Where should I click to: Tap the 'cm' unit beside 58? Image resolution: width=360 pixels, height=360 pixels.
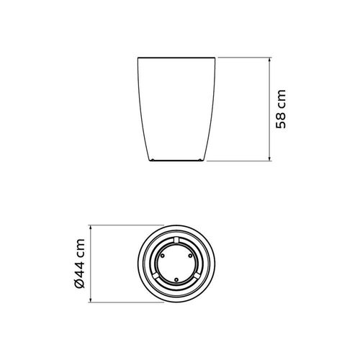tap(282, 98)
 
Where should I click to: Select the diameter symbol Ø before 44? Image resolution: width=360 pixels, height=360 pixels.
tap(80, 284)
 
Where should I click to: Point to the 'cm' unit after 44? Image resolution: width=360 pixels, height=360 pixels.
tap(80, 247)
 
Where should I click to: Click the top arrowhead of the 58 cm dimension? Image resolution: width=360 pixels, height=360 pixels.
tap(269, 60)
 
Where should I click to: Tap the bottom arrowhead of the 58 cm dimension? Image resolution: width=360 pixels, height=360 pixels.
tap(269, 158)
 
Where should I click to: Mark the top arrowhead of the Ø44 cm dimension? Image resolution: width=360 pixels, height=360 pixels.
tap(91, 228)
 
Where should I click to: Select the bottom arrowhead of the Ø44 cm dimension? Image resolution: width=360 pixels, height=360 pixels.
tap(91, 300)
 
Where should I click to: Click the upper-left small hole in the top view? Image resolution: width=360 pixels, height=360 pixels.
tap(163, 256)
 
